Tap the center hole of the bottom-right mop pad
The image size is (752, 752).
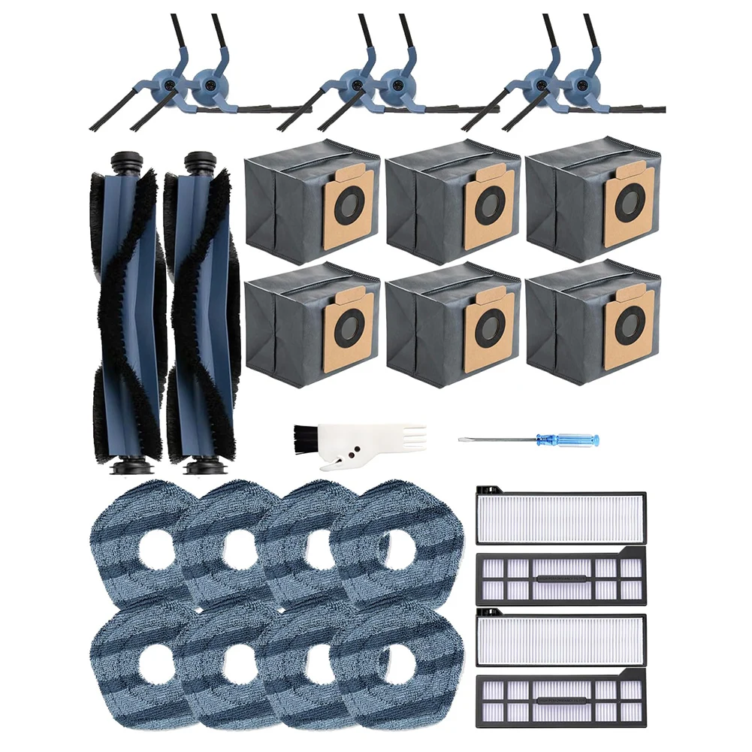pyautogui.click(x=397, y=664)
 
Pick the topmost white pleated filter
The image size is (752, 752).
pyautogui.click(x=560, y=518)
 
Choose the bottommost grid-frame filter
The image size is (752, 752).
pyautogui.click(x=560, y=699)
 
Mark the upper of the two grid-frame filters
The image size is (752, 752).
pyautogui.click(x=560, y=578)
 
